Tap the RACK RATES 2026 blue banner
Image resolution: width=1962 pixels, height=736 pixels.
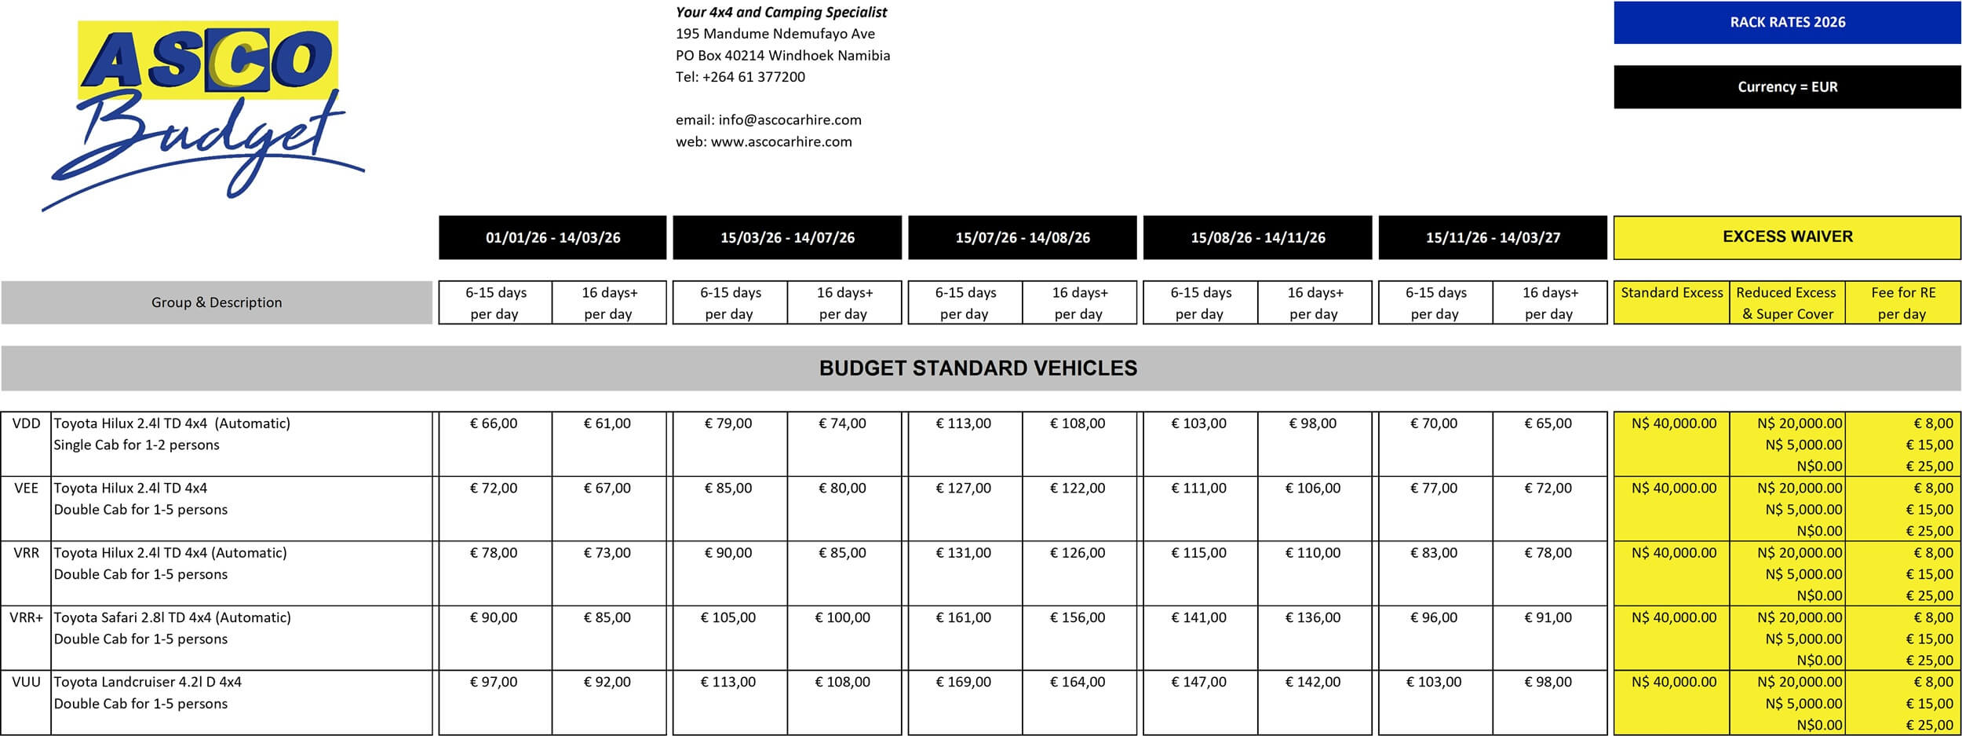(1787, 23)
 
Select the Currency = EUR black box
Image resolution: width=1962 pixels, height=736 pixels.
(1787, 87)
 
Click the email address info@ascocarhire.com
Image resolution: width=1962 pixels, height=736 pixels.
(790, 120)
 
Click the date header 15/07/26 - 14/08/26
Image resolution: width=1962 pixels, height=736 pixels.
(1022, 238)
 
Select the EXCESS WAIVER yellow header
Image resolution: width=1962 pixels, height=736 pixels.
(1787, 237)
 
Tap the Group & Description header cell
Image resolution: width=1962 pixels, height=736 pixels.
(217, 302)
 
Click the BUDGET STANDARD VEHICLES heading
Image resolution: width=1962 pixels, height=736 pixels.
(978, 368)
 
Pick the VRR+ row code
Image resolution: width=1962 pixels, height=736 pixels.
(26, 617)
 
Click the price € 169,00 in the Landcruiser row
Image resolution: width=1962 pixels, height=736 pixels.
(963, 682)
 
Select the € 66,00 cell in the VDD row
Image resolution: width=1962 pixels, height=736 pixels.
(494, 423)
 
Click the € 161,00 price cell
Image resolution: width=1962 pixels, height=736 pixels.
(963, 617)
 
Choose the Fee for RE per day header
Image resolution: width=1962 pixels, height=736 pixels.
(1902, 302)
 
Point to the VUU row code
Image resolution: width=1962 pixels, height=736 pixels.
(26, 682)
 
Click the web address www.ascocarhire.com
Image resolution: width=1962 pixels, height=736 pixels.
(781, 142)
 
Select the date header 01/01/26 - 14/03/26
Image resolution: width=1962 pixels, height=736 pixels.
(552, 238)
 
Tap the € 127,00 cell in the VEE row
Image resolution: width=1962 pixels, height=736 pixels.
(963, 488)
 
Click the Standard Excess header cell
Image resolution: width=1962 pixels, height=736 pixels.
(1672, 293)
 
